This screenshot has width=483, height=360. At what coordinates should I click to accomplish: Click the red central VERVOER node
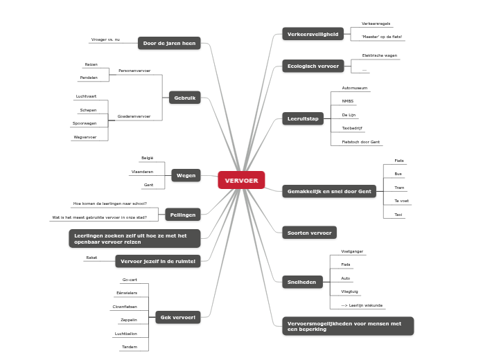[241, 181]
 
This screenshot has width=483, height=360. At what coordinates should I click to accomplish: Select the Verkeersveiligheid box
[313, 33]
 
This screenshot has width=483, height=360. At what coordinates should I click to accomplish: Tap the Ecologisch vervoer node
[313, 66]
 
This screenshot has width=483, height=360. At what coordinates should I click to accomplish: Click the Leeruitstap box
[303, 119]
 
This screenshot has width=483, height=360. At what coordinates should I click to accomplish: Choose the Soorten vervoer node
[309, 233]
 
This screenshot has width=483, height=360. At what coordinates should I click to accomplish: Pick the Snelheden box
[301, 282]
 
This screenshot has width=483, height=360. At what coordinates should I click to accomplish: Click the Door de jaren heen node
[169, 43]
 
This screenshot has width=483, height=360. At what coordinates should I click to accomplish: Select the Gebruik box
[184, 98]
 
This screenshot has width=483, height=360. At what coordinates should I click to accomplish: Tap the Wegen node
[186, 176]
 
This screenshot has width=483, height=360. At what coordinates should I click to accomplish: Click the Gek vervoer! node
[178, 318]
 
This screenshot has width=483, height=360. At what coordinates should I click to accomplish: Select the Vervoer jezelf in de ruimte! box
[159, 261]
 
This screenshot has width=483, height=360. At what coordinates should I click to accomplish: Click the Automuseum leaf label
[355, 89]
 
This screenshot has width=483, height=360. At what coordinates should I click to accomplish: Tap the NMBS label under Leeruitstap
[348, 102]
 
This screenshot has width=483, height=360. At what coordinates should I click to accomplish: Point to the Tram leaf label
[398, 188]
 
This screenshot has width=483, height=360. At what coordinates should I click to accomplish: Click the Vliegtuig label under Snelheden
[350, 291]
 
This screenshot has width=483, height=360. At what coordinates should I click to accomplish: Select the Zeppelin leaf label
[128, 320]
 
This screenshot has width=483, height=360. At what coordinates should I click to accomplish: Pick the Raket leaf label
[91, 258]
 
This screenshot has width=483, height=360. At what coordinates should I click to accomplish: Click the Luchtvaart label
[87, 96]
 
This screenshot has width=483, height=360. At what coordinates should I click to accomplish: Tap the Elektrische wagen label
[379, 55]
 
